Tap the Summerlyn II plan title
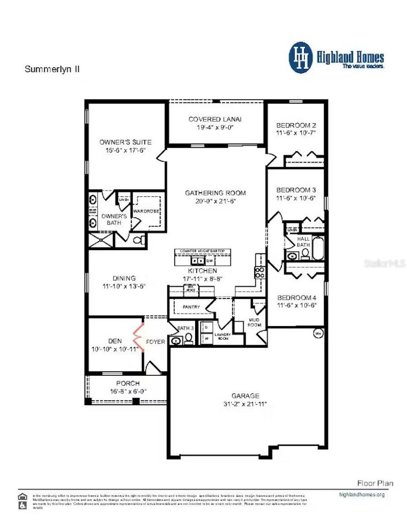[x=52, y=69]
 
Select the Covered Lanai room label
[x=215, y=119]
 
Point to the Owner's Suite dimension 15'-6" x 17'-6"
[x=125, y=151]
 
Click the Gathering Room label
[x=215, y=193]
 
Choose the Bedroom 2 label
[x=296, y=126]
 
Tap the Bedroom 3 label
[x=296, y=190]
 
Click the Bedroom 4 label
[x=297, y=298]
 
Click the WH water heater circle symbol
[x=318, y=333]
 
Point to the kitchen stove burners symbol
[x=260, y=273]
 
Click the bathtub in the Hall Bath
[x=318, y=248]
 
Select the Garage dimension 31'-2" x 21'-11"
[x=245, y=404]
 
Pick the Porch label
[x=128, y=383]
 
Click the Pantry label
[x=191, y=307]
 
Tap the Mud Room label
[x=254, y=322]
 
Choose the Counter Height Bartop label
[x=202, y=251]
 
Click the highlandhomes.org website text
[x=362, y=495]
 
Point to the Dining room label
[x=124, y=278]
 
